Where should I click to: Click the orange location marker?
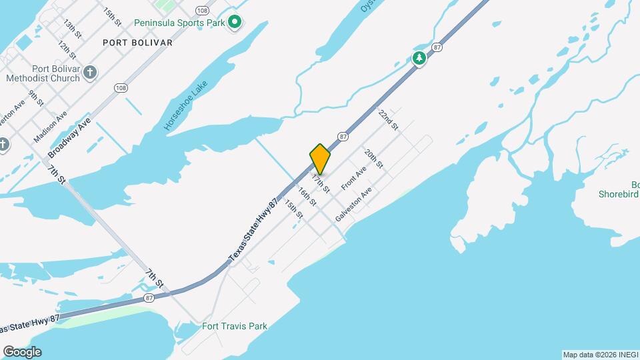click(321, 159)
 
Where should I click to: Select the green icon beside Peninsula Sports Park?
click(235, 23)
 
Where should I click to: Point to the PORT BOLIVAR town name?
click(138, 43)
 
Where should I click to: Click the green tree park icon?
click(419, 59)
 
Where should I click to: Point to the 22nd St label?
click(388, 119)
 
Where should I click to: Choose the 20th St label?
click(374, 158)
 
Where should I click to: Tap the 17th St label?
click(321, 181)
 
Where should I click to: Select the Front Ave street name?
click(354, 178)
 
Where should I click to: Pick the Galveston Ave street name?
click(353, 207)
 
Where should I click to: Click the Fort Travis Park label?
click(234, 326)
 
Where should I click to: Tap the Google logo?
click(22, 352)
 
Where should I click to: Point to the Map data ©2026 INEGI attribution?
click(599, 355)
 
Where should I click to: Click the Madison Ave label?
click(51, 126)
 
